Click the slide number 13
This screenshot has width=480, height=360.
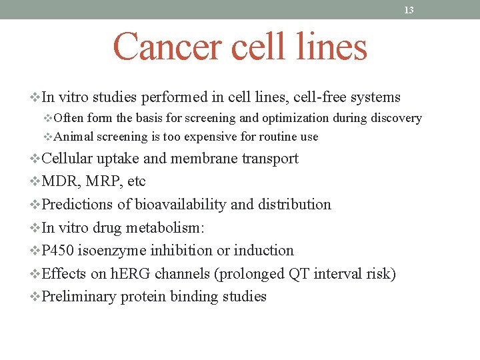[409, 10]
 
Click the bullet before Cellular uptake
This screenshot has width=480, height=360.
[35, 159]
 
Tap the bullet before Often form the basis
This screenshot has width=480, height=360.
[47, 118]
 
